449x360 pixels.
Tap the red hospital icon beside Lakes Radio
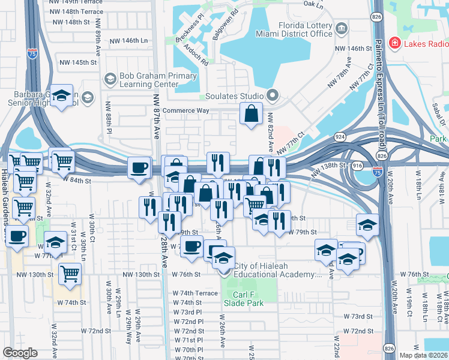394,43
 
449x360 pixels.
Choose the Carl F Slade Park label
243,298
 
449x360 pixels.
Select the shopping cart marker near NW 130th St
70,274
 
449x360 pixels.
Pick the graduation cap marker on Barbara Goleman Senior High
61,95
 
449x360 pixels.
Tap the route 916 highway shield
358,164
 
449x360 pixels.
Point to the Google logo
20,353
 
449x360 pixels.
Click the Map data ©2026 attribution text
423,355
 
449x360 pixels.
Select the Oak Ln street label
313,4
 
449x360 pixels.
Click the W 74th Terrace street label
195,293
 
